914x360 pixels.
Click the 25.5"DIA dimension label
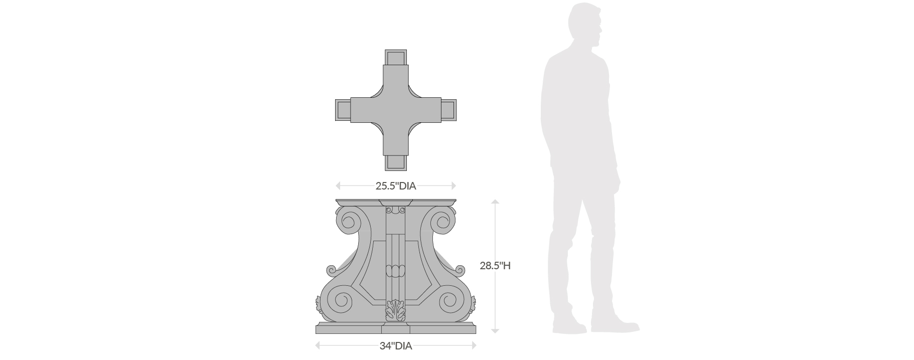[x=396, y=186]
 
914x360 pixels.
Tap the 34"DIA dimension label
[x=396, y=346]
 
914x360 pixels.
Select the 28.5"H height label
[x=495, y=266]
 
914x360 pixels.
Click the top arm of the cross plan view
[x=395, y=58]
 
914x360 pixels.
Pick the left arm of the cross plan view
[x=343, y=110]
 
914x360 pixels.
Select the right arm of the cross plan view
[x=448, y=110]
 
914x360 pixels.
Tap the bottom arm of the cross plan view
[x=395, y=162]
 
